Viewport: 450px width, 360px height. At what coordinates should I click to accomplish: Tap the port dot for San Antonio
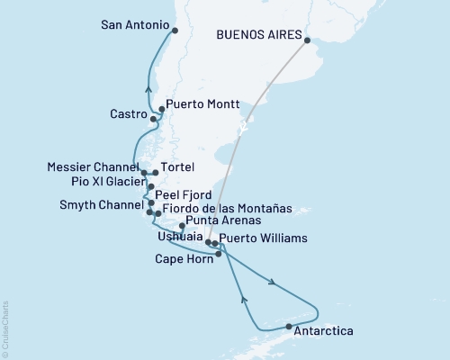pyautogui.click(x=174, y=30)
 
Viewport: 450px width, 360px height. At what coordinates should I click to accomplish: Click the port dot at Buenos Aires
pyautogui.click(x=307, y=40)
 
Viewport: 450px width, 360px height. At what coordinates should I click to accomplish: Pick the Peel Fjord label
pyautogui.click(x=182, y=193)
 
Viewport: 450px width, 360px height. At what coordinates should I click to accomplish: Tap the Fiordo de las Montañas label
pyautogui.click(x=229, y=208)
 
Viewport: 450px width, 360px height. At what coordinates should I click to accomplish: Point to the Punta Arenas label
pyautogui.click(x=225, y=221)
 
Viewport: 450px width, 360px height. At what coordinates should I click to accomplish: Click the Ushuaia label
pyautogui.click(x=173, y=237)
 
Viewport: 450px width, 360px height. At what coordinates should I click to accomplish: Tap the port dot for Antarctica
pyautogui.click(x=288, y=326)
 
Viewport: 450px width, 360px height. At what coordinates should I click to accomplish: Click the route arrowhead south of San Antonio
pyautogui.click(x=148, y=88)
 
